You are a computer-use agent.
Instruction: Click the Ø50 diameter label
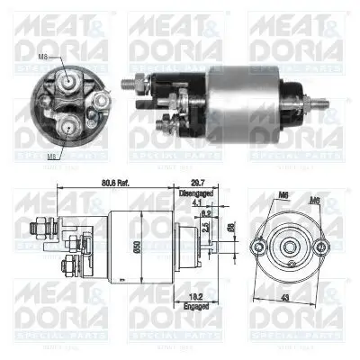click(135, 245)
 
